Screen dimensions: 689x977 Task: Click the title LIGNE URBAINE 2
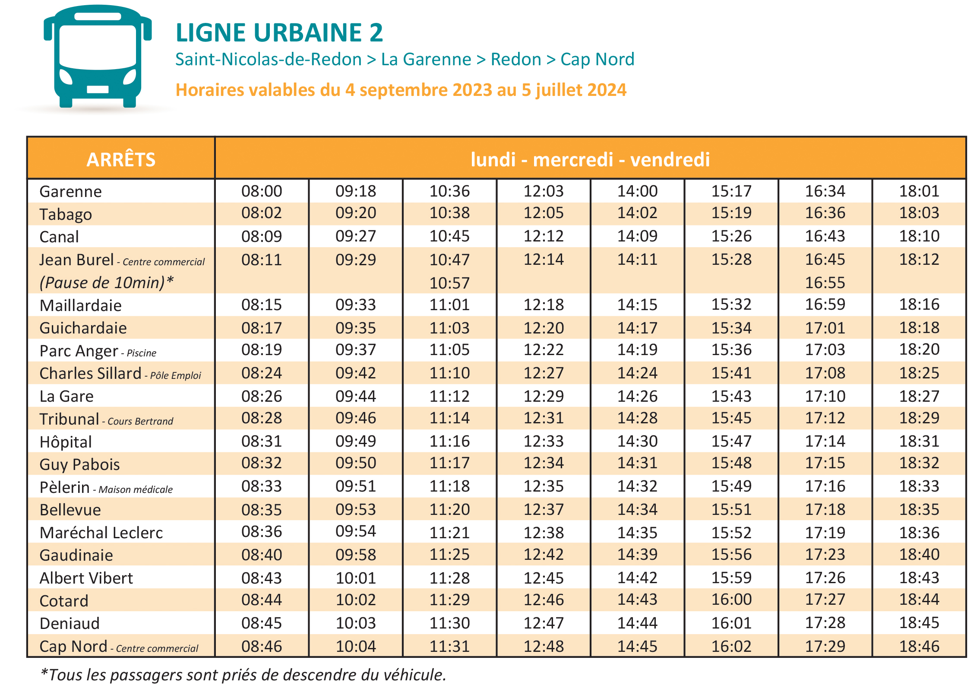279,33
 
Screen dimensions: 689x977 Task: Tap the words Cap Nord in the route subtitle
597,60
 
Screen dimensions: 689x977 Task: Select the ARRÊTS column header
121,159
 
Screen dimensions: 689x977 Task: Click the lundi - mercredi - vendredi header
590,159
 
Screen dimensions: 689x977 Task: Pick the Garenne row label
71,191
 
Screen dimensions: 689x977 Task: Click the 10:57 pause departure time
449,283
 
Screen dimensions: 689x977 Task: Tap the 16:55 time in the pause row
825,283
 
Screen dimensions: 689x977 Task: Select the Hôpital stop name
66,442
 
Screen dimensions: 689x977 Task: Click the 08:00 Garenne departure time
261,191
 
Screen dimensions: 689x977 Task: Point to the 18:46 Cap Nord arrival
919,646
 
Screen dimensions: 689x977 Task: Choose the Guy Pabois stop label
79,464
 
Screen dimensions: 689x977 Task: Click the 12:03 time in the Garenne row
543,191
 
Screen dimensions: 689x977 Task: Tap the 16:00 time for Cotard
731,600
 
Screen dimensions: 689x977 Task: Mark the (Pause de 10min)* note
106,283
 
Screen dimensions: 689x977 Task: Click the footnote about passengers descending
243,675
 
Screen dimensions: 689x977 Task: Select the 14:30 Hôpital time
637,441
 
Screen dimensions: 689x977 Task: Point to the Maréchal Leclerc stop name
101,533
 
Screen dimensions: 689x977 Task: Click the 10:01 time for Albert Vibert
355,578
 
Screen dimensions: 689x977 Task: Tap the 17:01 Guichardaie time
825,328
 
